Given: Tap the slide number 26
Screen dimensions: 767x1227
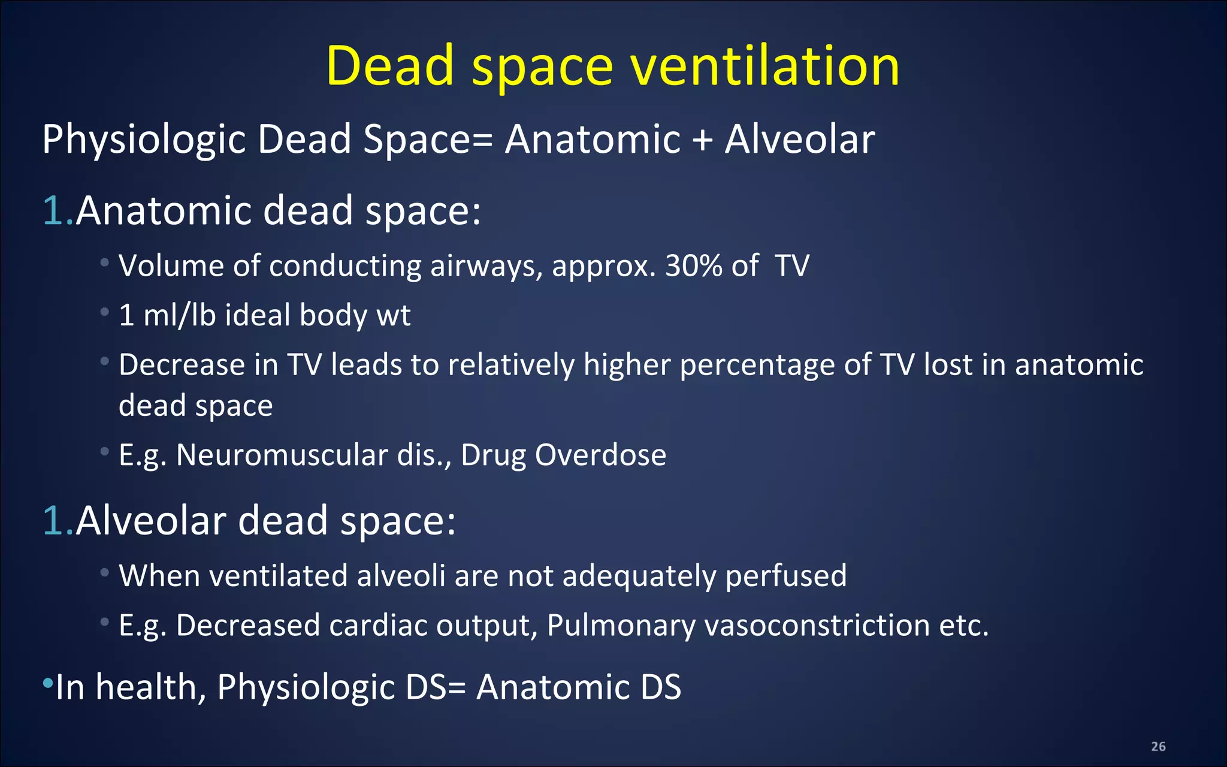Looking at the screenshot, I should coord(1158,746).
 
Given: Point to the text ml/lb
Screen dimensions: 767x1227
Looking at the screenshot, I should coord(179,315).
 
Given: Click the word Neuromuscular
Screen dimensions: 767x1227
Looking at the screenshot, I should coord(282,455).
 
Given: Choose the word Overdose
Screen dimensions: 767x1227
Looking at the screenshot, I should coord(600,455).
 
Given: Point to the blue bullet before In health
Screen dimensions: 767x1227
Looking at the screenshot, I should coord(48,683).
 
